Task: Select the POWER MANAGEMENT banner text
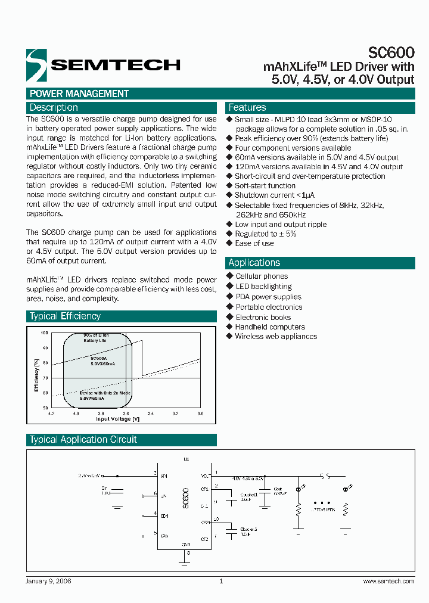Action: (79, 94)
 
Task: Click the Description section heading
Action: (54, 108)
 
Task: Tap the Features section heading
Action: (247, 108)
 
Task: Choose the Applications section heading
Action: (254, 263)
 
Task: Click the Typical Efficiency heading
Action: (66, 316)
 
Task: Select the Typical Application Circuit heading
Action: (83, 440)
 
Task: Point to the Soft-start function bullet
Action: (265, 186)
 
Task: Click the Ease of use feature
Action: (254, 243)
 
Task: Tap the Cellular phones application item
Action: (262, 276)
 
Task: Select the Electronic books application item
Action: (263, 318)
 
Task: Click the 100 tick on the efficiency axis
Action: (44, 332)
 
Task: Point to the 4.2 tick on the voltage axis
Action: (51, 413)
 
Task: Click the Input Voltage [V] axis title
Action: (118, 419)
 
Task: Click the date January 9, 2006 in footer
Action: (49, 581)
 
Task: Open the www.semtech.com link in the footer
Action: (388, 581)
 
